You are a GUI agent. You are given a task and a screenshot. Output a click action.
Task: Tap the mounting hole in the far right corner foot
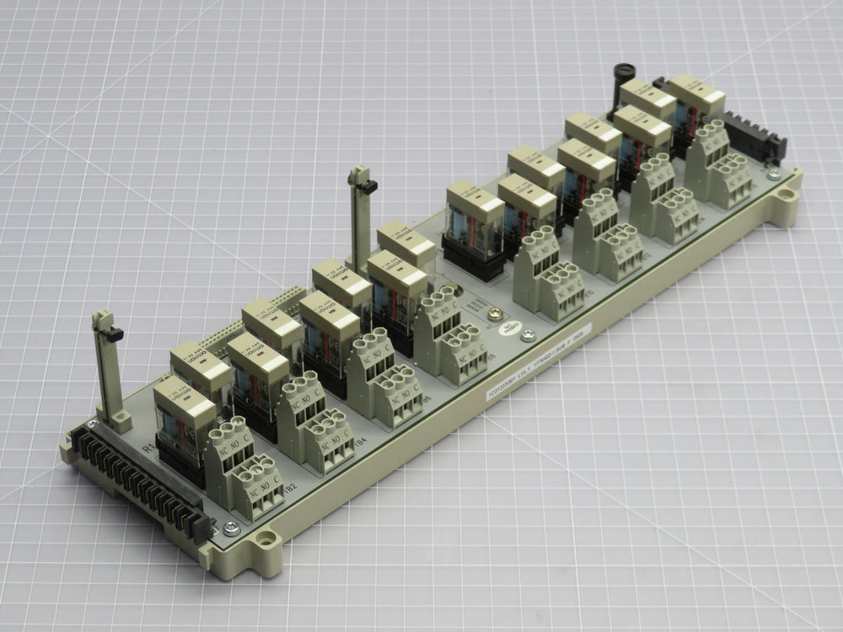pyautogui.click(x=786, y=196)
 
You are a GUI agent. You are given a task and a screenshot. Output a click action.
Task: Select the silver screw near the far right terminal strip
pyautogui.click(x=773, y=174)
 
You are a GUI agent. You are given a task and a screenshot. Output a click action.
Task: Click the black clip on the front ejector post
pyautogui.click(x=113, y=335)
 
